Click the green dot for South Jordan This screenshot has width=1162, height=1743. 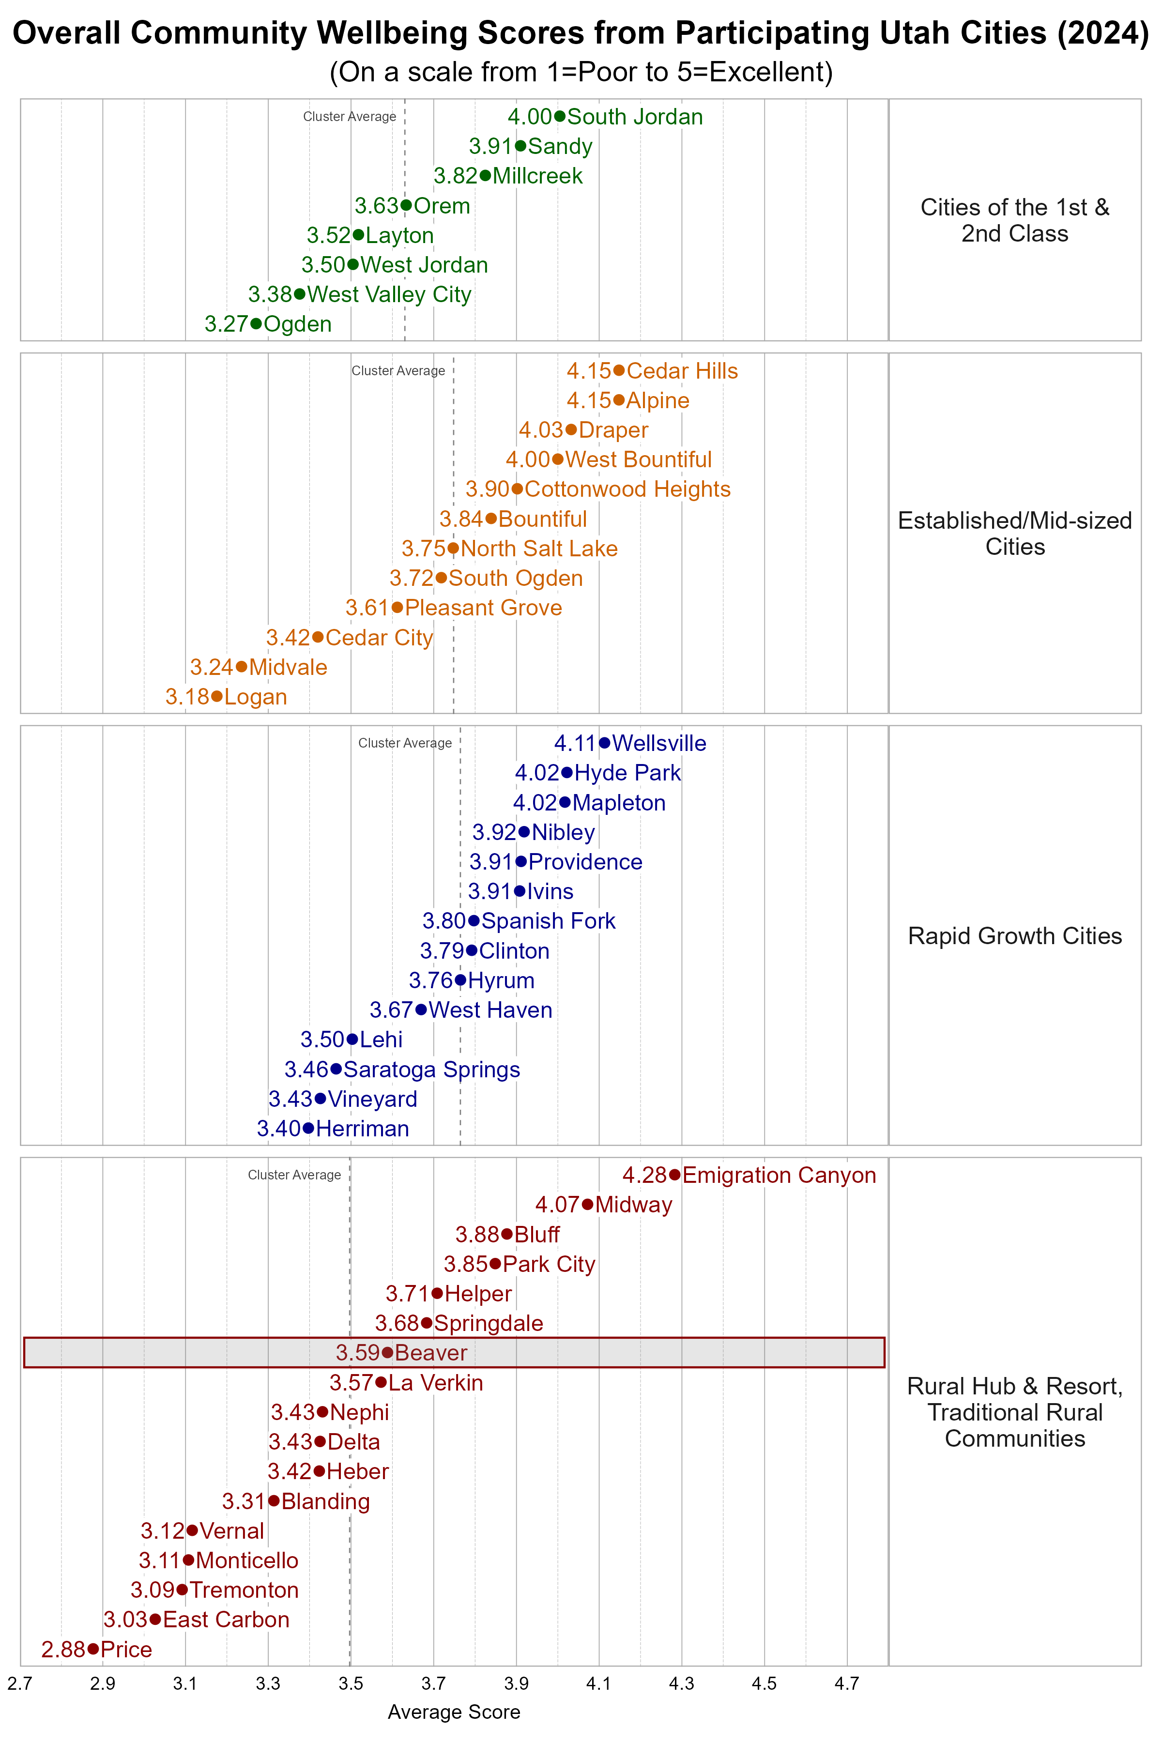(560, 116)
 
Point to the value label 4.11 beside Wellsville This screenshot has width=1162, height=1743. (575, 743)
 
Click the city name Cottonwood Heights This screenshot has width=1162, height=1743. (627, 489)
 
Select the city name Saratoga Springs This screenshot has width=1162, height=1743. (432, 1070)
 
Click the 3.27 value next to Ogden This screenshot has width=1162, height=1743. (226, 324)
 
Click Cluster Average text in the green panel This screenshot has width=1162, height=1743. (349, 116)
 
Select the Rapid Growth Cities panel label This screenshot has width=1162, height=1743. (1014, 936)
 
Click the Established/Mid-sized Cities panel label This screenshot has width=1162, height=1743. (1014, 534)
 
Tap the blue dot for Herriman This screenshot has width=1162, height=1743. (308, 1129)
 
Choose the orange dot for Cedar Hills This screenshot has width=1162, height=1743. (619, 370)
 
